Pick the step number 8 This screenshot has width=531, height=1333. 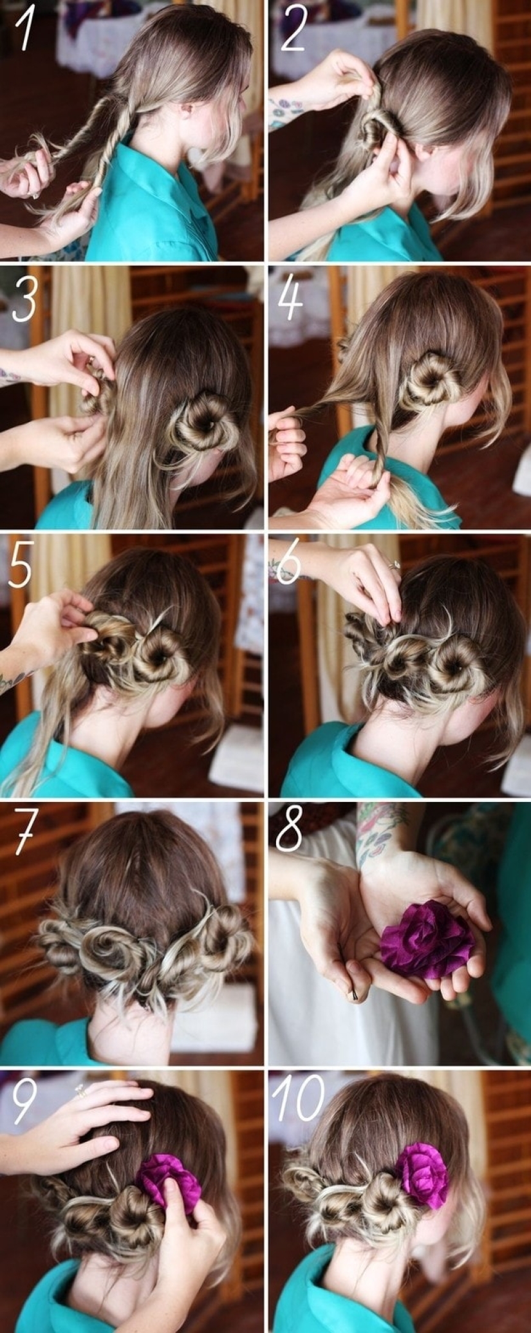(x=289, y=831)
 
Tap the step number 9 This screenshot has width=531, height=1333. (x=24, y=1103)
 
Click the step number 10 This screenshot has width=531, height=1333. (x=297, y=1101)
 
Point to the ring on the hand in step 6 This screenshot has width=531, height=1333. (x=394, y=565)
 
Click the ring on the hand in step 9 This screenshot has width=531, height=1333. (x=80, y=1090)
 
